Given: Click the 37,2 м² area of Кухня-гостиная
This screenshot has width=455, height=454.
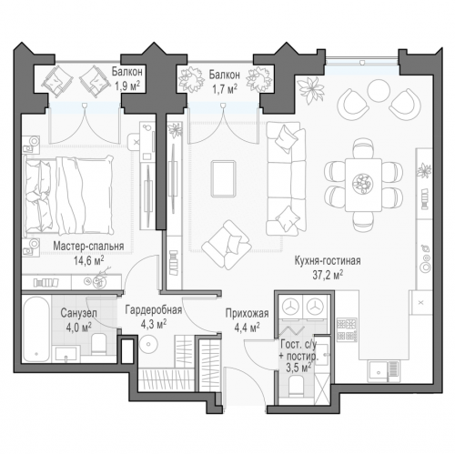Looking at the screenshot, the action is pos(328,275).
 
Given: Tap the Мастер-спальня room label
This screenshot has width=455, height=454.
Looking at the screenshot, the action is pos(88,246).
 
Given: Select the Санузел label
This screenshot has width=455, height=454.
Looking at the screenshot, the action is pos(78,313).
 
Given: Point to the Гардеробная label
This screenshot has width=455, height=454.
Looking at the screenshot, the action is pos(154,310).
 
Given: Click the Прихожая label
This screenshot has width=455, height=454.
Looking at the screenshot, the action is pos(247,313).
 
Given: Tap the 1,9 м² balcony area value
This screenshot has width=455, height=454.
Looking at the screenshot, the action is pos(127,86).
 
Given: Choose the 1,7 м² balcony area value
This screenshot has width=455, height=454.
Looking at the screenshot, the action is pos(225,88).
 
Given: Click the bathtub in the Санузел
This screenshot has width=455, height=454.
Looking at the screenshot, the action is pos(36,329).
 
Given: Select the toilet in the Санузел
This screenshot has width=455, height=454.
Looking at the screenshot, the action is pos(98,344).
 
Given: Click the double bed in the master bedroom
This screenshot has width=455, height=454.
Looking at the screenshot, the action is pos(69,195).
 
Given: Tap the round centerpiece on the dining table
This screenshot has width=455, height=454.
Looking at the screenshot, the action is pos(363,184).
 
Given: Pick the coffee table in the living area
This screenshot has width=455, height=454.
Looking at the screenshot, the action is pos(224,178).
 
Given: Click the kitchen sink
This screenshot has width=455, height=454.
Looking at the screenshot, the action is pos(378,371).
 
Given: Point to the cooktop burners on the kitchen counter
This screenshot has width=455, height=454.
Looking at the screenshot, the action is pos(347,328).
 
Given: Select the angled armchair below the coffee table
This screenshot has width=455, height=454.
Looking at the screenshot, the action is pos(227,245).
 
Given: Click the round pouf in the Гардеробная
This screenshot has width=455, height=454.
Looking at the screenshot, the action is pos(148,344).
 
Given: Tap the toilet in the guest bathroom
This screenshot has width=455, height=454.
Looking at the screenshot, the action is pos(296,386).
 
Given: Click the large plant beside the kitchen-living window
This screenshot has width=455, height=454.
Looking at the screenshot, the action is pos(311,88).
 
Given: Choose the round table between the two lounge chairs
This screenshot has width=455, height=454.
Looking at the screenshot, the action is pos(379,90).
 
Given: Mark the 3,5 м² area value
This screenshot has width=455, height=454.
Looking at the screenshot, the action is pos(298,368).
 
